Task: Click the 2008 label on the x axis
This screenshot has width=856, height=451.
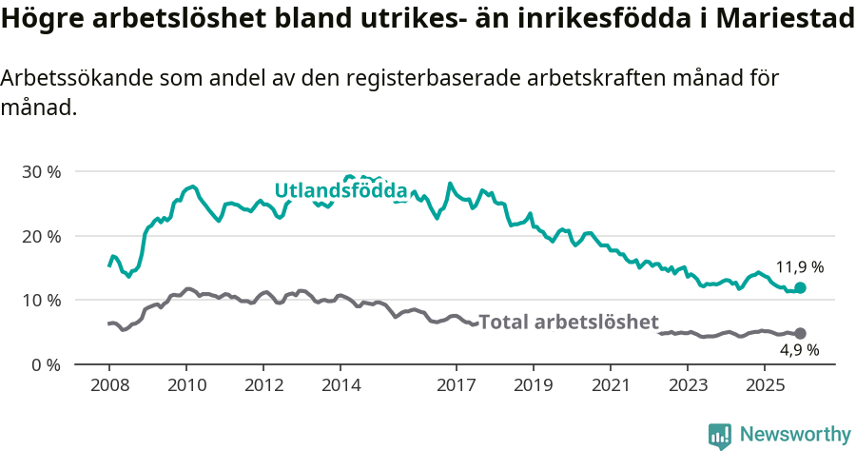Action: (108, 385)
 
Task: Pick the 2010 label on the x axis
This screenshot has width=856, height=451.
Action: (186, 385)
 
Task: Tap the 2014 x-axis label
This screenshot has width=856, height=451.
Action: (340, 385)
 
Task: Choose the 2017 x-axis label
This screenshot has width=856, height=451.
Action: (457, 385)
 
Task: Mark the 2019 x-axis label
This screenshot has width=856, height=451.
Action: (534, 385)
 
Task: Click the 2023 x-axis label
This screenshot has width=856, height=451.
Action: (688, 385)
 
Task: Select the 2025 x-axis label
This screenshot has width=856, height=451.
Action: (765, 385)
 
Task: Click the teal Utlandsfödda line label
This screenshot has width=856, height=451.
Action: (340, 191)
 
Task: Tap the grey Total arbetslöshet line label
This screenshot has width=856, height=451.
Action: (568, 323)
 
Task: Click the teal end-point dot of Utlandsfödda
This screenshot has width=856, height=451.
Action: (801, 287)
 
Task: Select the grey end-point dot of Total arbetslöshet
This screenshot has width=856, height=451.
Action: (801, 333)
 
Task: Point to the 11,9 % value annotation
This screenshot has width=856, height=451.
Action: (799, 267)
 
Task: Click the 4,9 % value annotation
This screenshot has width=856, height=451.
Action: (797, 350)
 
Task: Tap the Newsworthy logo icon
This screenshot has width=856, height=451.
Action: (720, 435)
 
